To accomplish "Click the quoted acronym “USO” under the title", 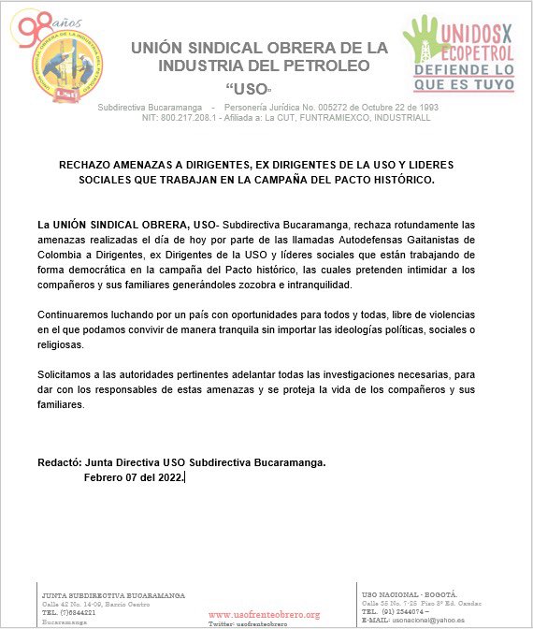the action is coord(248,89).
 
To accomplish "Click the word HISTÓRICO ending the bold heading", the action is coord(397,179).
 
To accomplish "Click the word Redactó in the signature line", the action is coord(58,462).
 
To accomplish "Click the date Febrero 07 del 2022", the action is coord(134,477).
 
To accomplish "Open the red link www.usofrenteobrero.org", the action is coord(264,614).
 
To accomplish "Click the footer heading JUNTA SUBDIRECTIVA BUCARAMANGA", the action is coord(113,595).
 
